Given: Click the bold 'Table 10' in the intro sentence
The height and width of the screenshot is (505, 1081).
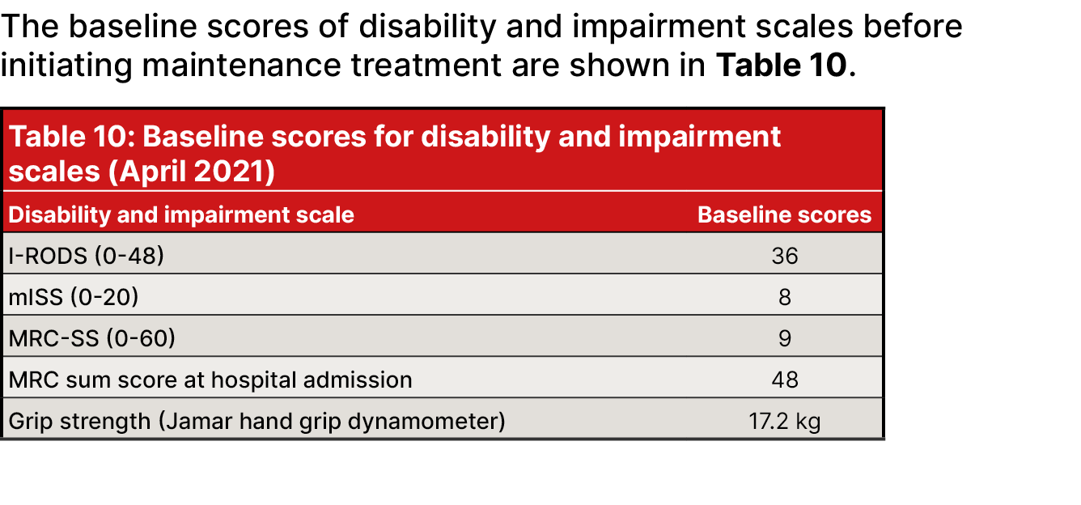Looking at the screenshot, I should click(781, 64).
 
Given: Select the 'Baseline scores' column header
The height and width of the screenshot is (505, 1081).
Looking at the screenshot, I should click(784, 214).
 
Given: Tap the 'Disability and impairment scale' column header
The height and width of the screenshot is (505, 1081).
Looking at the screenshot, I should click(181, 214).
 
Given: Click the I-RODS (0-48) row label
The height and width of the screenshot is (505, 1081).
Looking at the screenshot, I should click(86, 256).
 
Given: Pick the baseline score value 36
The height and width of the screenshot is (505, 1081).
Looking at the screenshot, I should click(784, 256).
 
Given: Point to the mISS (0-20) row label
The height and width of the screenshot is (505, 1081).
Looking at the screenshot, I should click(74, 297).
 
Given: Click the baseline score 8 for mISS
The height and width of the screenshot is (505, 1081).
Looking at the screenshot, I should click(784, 297).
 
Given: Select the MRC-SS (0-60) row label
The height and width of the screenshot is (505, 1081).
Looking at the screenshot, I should click(91, 338).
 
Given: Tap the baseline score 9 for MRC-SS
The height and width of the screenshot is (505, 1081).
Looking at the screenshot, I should click(784, 338).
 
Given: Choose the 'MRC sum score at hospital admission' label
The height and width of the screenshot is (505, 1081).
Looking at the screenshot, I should click(210, 380).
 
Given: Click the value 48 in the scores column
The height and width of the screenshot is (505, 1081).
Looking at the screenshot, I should click(784, 380).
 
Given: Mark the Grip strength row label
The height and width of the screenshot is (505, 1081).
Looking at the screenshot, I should click(256, 421).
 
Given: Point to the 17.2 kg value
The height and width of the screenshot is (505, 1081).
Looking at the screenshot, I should click(784, 421).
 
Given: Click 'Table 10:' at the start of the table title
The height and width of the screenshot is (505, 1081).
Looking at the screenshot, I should click(70, 137).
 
